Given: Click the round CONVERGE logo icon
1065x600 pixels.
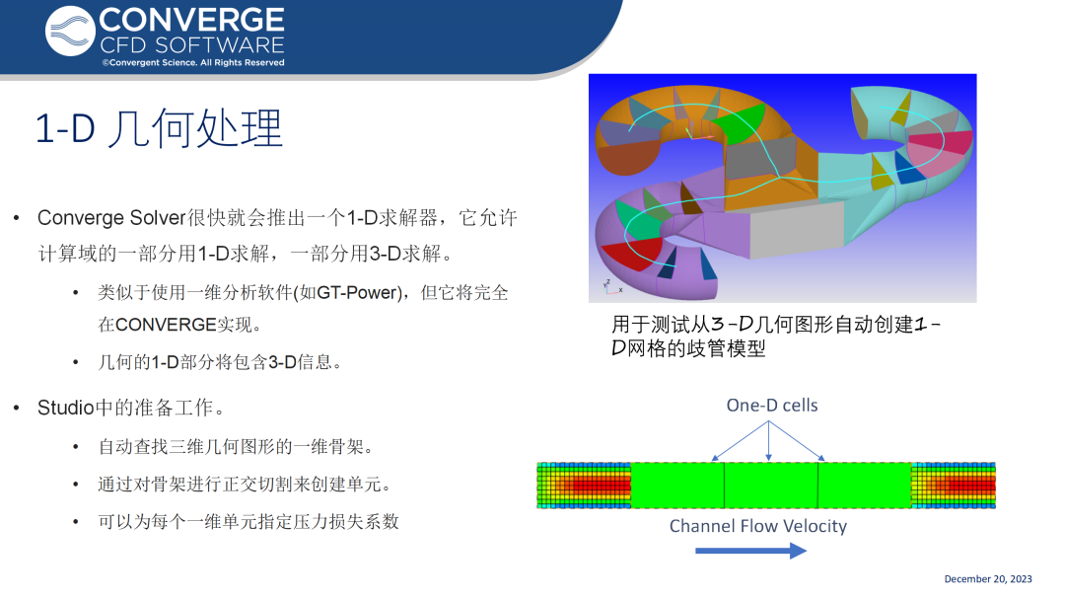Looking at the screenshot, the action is point(70,32).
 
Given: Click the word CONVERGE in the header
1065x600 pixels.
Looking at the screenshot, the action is point(191,21).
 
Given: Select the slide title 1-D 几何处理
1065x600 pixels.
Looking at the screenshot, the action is point(158,127).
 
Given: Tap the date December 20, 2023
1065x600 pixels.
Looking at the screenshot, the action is point(987,579).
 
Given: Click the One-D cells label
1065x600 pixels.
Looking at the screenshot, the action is point(771,405).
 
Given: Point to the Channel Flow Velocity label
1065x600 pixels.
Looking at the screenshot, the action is point(758,526).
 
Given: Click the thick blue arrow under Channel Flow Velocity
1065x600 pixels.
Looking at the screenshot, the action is point(750,551).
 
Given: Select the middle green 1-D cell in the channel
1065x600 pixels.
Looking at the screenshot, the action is point(771,486).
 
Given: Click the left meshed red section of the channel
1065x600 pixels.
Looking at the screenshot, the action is point(584,486).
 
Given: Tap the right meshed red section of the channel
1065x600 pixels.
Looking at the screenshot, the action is point(953,486).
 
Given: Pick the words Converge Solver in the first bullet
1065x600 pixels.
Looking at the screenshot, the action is point(111,218).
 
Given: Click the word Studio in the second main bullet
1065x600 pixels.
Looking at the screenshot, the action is point(65,408).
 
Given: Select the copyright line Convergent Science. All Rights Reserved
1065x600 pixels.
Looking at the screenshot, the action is point(193,62).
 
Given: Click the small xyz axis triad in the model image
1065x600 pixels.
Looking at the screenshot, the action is point(610,287).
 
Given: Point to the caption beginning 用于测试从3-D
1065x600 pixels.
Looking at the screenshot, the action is point(776,336).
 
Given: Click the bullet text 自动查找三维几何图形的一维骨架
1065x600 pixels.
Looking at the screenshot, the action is point(236,446).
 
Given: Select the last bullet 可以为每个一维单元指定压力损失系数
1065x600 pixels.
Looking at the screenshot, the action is point(248,522).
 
